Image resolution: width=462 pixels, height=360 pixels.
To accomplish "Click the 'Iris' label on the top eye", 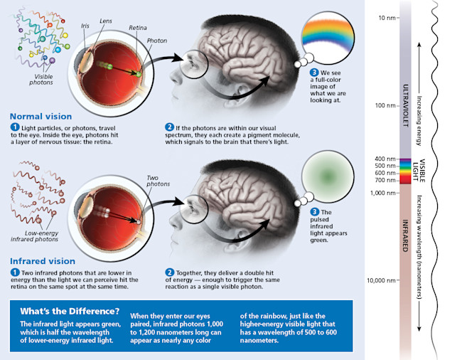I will (85, 26).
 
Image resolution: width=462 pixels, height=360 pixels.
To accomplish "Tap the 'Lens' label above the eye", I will (106, 21).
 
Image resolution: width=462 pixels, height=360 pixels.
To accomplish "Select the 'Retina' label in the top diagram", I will (137, 27).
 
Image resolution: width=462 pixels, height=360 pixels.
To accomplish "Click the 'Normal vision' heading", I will (41, 116).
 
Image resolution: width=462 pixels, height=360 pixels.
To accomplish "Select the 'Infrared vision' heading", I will (43, 260).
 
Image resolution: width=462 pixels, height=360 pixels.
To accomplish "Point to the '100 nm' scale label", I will (385, 105).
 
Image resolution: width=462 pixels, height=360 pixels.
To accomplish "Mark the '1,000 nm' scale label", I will (382, 192).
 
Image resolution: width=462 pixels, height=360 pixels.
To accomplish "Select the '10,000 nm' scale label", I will (380, 280).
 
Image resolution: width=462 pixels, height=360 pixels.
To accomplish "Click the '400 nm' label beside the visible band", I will (385, 159).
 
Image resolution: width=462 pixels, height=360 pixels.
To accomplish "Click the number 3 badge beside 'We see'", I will (313, 73).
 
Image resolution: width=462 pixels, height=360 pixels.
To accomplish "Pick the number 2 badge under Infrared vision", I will (170, 272).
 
